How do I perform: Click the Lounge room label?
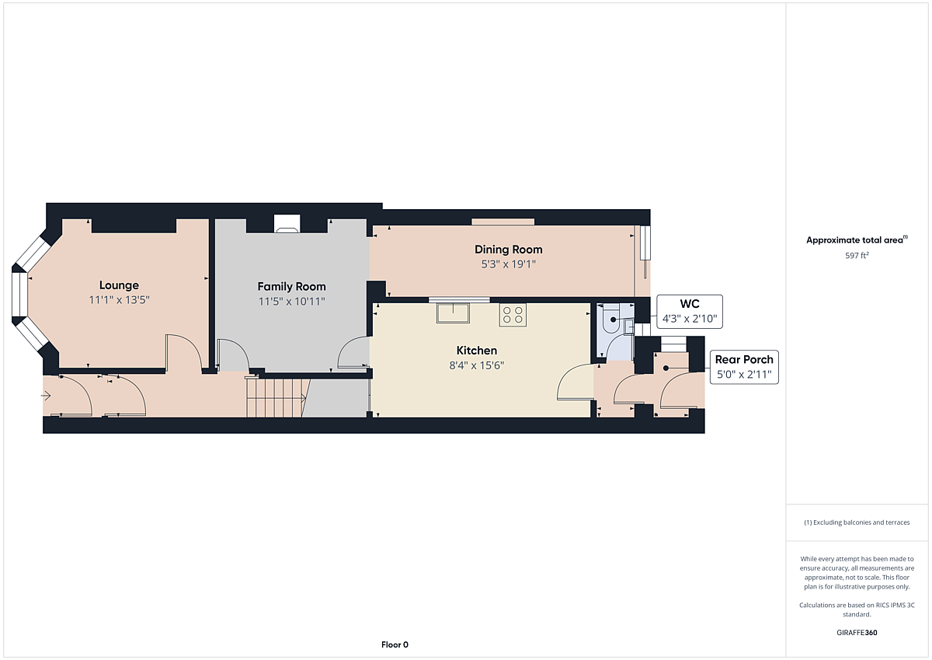[119, 285]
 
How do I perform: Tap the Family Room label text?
[291, 287]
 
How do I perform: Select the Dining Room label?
[509, 250]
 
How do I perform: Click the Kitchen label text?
[476, 350]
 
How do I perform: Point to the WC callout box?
[690, 312]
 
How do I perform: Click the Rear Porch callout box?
[744, 367]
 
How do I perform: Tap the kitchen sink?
[453, 313]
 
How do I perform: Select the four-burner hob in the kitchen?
[513, 315]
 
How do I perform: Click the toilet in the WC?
[610, 320]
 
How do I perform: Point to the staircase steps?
[276, 398]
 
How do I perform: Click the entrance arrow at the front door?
[46, 396]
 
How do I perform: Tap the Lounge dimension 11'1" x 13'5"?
[119, 300]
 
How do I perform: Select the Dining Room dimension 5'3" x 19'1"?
[509, 264]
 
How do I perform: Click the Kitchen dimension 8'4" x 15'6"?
[476, 365]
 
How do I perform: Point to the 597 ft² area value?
[857, 255]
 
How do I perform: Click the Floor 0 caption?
[395, 644]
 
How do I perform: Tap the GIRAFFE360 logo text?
[857, 633]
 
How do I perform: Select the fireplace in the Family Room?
[287, 224]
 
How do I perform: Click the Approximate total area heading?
[857, 240]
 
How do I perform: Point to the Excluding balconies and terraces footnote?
[857, 522]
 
